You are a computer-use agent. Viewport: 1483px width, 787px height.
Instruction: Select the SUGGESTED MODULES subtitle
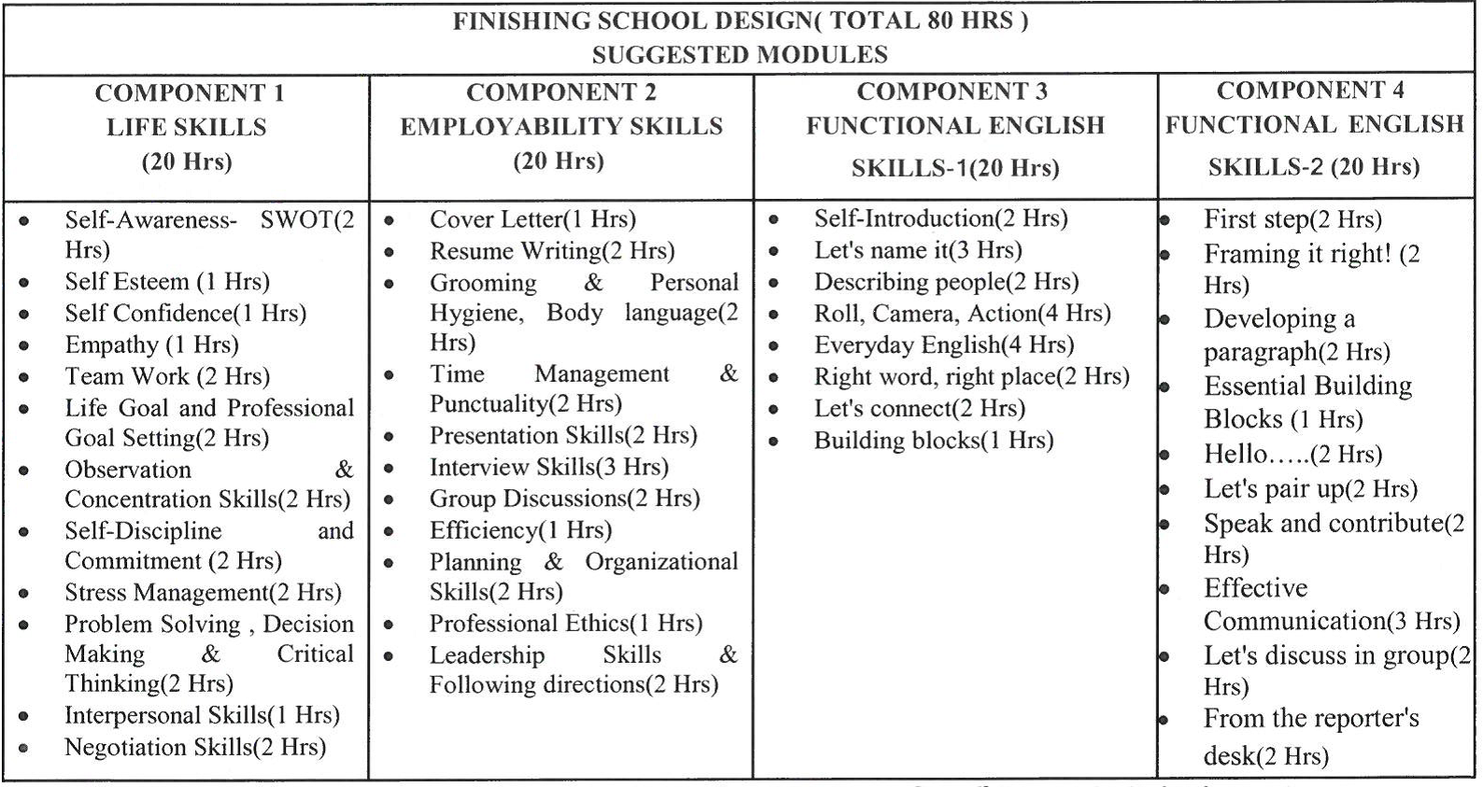[x=740, y=55]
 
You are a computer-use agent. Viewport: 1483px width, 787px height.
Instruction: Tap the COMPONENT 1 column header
[x=190, y=93]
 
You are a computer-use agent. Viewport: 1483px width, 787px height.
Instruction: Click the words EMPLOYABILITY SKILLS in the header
[x=561, y=127]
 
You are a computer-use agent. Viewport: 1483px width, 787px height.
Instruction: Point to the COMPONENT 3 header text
[x=952, y=91]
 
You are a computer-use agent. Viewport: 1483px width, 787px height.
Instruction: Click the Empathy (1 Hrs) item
[x=151, y=345]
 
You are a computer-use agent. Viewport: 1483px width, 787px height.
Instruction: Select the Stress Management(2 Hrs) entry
[x=203, y=593]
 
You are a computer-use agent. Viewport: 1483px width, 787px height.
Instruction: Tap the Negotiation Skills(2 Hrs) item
[x=195, y=748]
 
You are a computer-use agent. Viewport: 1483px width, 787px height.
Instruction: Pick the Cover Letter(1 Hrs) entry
[x=532, y=219]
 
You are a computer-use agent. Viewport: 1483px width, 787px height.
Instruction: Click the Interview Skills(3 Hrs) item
[x=549, y=467]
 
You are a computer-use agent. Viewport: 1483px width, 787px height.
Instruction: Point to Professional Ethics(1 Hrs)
[x=566, y=624]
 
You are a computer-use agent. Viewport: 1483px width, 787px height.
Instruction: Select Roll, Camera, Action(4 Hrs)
[x=962, y=314]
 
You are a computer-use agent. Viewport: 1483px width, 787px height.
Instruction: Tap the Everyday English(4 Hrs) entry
[x=944, y=345]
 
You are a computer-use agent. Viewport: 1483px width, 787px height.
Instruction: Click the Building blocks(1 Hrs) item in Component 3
[x=933, y=441]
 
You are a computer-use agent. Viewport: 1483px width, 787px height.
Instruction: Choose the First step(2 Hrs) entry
[x=1292, y=220]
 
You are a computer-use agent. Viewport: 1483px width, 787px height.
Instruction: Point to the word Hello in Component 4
[x=1236, y=455]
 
